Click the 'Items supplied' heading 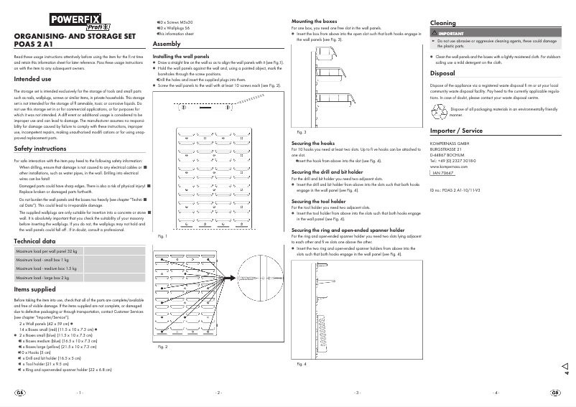(x=34, y=289)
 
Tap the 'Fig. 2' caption (x=162, y=347)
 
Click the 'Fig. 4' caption (x=301, y=365)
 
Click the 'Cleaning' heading (x=442, y=24)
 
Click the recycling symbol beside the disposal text (x=438, y=111)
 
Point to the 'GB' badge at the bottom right (x=555, y=393)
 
